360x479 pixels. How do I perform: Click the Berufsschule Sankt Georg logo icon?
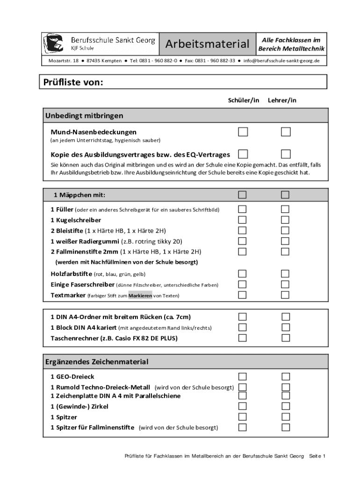point(53,44)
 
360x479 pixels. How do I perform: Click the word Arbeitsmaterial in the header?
point(207,44)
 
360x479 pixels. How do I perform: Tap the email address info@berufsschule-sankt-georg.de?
point(281,61)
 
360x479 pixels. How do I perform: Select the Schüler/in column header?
point(243,101)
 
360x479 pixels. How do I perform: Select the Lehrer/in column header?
point(282,101)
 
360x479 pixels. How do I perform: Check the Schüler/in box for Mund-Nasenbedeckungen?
point(243,132)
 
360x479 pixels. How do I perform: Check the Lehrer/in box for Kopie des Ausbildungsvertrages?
point(286,154)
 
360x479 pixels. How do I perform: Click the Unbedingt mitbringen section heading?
point(84,116)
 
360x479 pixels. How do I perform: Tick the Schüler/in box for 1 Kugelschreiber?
point(242,220)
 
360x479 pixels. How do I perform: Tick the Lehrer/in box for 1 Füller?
point(285,209)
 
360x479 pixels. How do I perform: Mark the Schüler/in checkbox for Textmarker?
point(242,295)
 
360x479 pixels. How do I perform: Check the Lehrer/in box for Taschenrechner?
point(285,338)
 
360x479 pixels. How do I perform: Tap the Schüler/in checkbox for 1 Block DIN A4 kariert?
point(242,327)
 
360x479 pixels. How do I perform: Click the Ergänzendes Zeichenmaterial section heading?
point(97,362)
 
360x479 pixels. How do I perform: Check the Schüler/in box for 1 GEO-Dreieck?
point(242,377)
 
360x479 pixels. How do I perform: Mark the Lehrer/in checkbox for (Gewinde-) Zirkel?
point(285,406)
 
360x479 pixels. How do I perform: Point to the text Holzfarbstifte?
point(71,274)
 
